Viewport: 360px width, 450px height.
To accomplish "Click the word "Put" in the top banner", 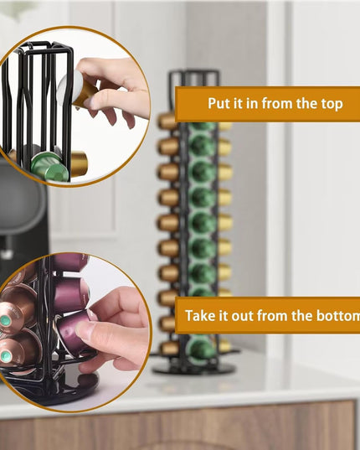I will [221, 105].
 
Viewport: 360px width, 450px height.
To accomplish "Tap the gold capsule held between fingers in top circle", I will [84, 91].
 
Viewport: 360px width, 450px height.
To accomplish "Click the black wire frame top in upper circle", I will [42, 52].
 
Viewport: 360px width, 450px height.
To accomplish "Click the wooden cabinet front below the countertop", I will [180, 432].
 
